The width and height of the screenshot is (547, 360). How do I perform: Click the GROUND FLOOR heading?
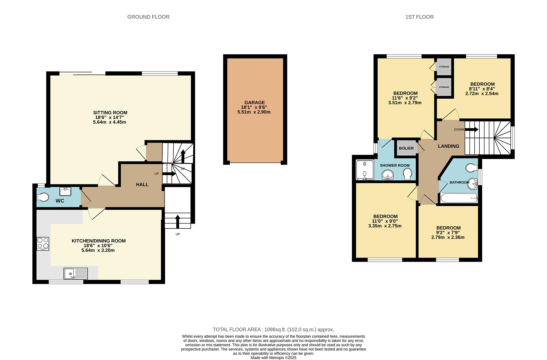point(148,17)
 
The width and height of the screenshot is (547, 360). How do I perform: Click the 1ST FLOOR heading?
point(419,17)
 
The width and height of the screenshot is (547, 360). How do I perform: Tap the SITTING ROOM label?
point(110,113)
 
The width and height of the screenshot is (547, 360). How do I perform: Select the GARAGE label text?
point(254,103)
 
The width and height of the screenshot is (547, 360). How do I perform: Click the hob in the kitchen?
point(43,244)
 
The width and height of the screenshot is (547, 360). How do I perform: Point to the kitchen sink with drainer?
point(76,274)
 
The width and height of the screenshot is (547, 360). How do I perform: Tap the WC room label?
point(60,201)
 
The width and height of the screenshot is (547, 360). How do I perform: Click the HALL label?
point(142,184)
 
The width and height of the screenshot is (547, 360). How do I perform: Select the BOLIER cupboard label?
point(406,148)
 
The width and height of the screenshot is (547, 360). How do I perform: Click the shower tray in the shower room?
point(365,170)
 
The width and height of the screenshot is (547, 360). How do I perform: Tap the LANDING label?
point(448,146)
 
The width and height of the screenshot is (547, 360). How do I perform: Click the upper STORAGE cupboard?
point(444,67)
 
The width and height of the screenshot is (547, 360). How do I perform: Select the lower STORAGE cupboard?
point(444,87)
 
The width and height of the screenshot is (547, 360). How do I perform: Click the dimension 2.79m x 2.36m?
point(448,237)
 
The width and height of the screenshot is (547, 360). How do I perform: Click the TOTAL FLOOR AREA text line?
point(273,329)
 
